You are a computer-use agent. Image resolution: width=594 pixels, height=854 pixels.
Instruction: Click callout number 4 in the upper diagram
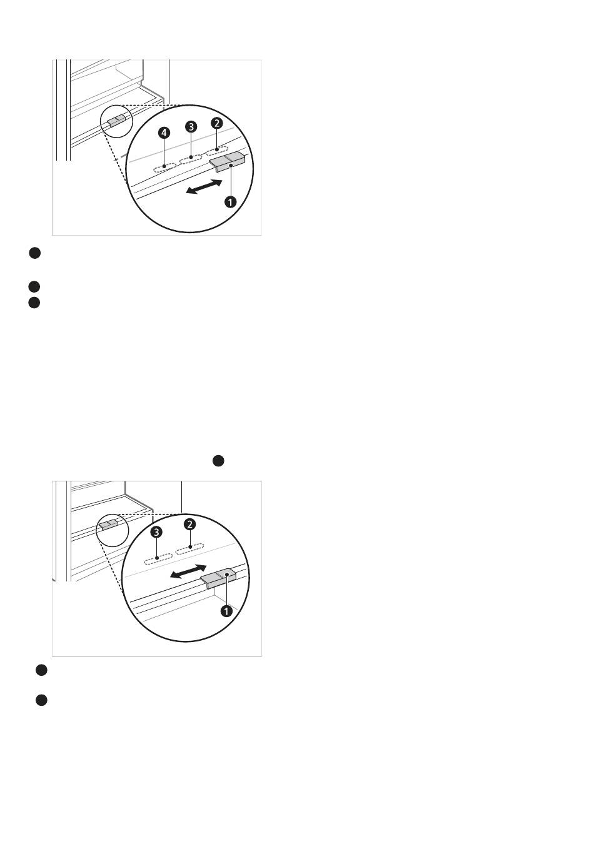[164, 133]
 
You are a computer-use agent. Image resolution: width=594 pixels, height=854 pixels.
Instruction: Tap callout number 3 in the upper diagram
[191, 126]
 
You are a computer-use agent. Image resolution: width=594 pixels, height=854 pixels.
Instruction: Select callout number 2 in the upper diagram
[217, 123]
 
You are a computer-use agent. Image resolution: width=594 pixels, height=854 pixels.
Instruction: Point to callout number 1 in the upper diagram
[230, 202]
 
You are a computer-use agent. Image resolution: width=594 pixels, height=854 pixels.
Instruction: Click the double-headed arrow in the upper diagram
[204, 186]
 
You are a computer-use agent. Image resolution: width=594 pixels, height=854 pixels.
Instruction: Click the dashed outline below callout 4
[164, 167]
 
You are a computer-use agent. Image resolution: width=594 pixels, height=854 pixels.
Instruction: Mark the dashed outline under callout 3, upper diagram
[191, 159]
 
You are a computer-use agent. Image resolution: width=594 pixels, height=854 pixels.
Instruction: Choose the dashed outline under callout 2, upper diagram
[217, 151]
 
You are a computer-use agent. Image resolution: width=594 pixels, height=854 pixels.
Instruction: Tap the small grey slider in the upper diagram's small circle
[116, 121]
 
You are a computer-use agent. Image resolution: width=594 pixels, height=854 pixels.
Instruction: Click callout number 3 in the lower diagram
[156, 532]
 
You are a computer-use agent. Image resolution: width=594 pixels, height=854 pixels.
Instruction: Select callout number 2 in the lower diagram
[189, 525]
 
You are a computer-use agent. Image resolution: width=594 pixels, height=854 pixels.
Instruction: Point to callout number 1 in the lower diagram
[226, 611]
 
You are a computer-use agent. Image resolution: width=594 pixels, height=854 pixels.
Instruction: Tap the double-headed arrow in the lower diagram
[188, 572]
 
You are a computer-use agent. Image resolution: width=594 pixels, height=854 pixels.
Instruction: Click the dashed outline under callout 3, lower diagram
[158, 560]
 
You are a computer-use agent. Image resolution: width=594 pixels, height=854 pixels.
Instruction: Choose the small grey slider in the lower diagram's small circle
[109, 524]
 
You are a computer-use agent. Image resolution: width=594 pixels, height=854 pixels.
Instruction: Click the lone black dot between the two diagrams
[218, 461]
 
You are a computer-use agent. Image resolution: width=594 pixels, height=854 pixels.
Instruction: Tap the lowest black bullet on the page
[41, 700]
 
